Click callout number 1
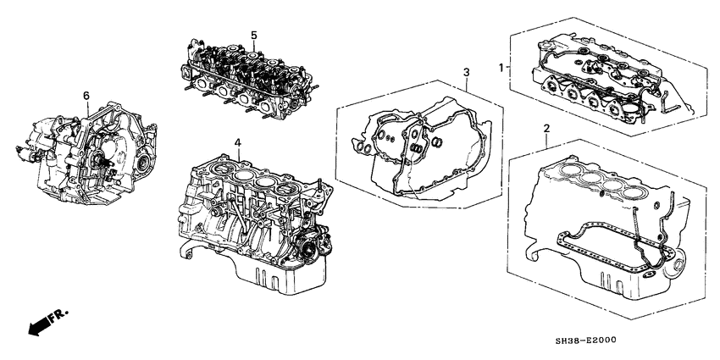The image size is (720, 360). [x=501, y=67]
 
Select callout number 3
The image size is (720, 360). [x=466, y=74]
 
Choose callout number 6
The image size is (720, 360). [x=86, y=95]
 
